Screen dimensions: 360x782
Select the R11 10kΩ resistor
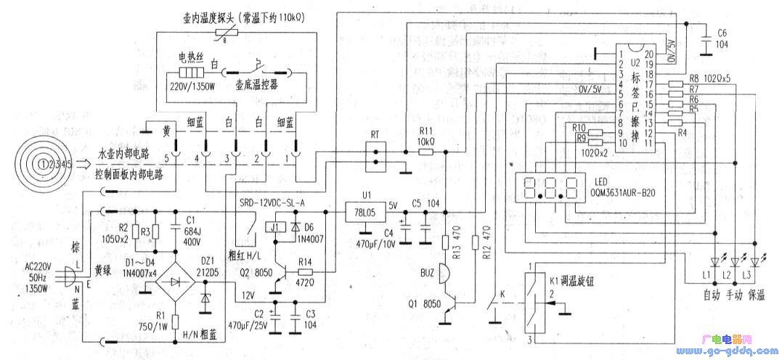[x=425, y=152]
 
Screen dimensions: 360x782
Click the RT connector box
[x=375, y=153]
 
